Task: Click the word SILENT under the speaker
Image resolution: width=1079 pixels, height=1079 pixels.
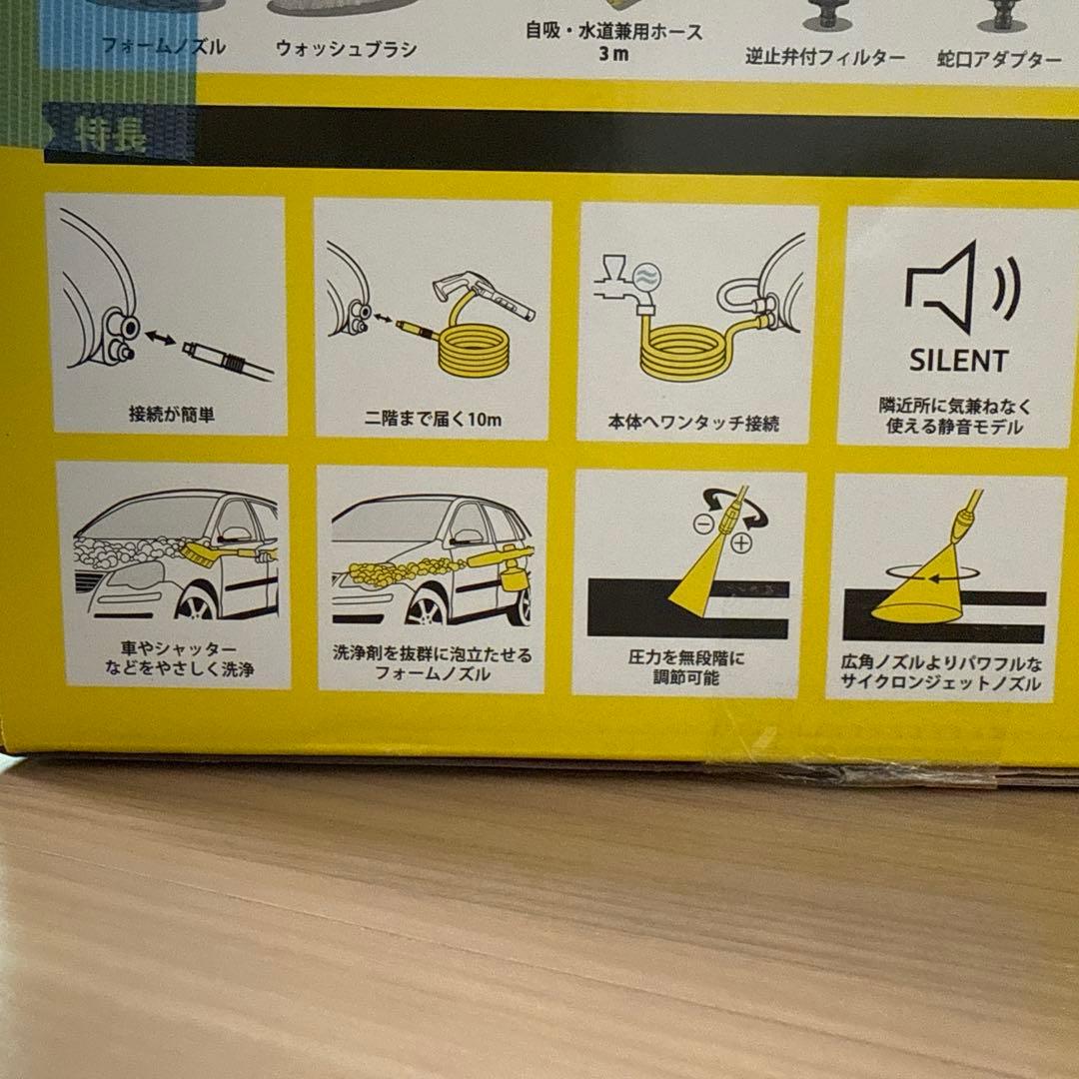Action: point(958,360)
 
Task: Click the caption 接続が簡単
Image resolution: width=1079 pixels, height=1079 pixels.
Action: point(171,415)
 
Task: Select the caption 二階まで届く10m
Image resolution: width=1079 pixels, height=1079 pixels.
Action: point(432,420)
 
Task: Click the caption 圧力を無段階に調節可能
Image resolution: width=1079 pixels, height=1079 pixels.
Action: point(686,668)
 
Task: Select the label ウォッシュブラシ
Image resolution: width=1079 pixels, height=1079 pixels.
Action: point(346,49)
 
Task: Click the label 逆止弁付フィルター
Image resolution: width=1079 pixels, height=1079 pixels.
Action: point(825,57)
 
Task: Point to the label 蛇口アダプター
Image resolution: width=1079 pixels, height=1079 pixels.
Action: point(1000,60)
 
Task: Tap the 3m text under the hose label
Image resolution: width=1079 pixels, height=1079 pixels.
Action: point(613,54)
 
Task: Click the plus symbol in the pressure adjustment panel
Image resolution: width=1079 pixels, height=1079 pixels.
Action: point(740,543)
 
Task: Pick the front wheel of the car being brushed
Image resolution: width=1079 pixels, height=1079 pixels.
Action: point(196,604)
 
